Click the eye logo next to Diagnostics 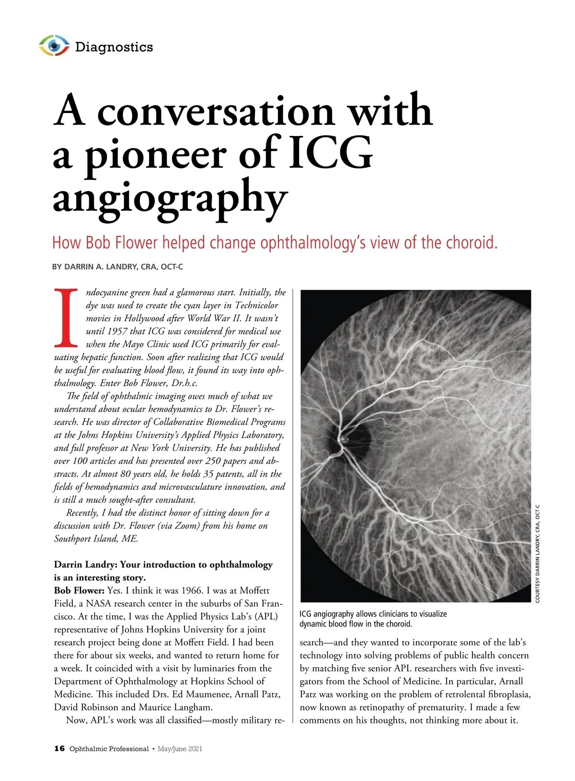click(54, 45)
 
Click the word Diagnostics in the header click(114, 47)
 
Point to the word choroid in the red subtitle click(471, 243)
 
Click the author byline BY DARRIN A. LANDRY click(117, 267)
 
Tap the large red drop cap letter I click(66, 317)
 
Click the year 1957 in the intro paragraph click(117, 331)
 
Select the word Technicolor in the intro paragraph click(256, 306)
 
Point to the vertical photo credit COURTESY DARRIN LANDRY click(538, 554)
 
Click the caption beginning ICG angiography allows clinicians click(373, 619)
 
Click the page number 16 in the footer click(59, 749)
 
